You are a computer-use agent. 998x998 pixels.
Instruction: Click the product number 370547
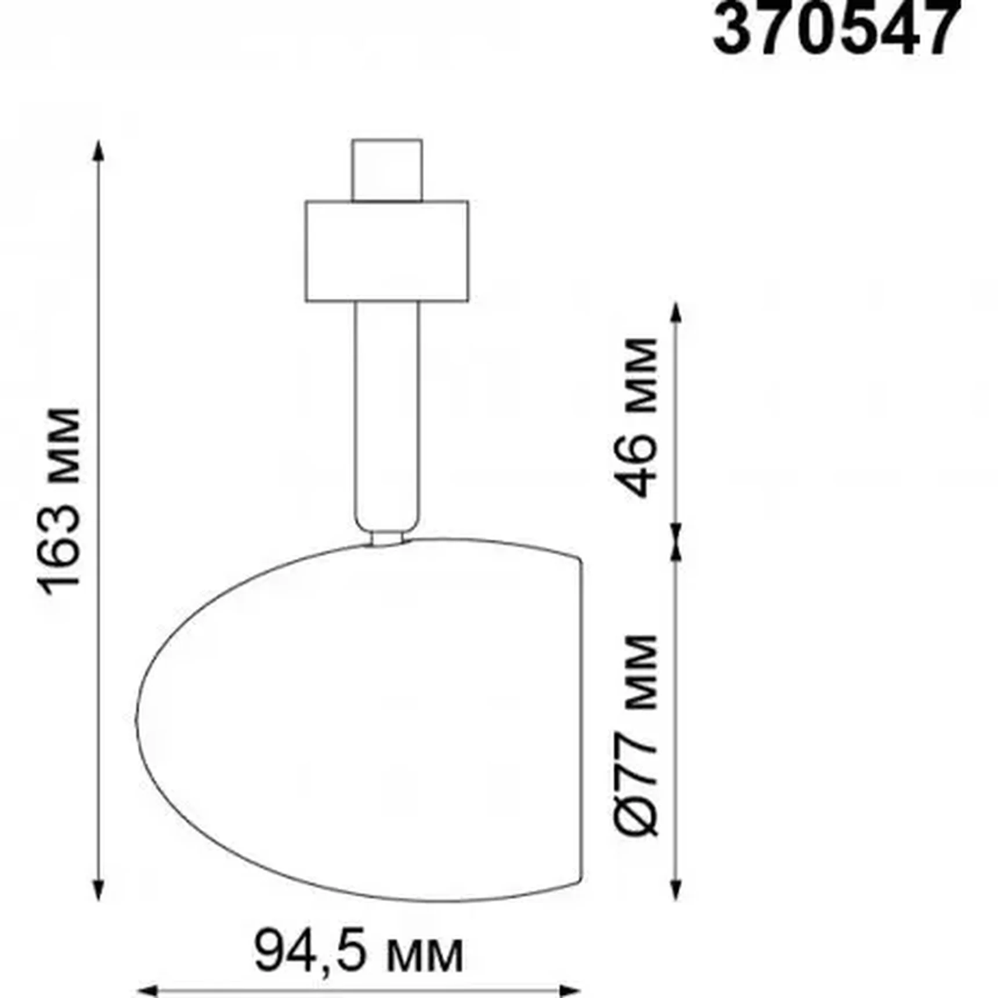[836, 28]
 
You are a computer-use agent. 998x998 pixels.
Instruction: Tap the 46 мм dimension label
[636, 417]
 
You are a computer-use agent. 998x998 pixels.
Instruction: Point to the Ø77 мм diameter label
[636, 735]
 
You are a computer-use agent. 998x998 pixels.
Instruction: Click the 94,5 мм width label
[359, 952]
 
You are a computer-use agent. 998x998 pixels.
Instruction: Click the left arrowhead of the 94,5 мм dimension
[147, 990]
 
